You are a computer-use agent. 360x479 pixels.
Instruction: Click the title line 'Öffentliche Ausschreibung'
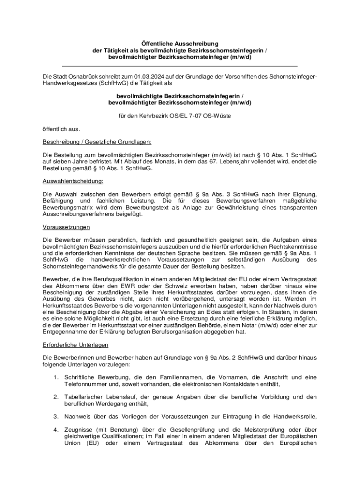[x=180, y=44]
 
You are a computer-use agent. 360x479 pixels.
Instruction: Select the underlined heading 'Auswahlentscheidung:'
[x=72, y=181]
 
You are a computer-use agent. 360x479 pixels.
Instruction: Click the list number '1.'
[x=55, y=377]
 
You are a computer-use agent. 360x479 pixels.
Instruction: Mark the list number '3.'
[x=55, y=416]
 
